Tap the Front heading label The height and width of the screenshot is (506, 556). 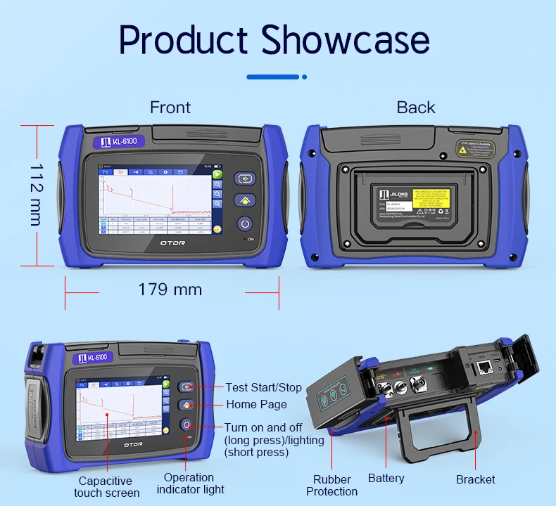(x=170, y=108)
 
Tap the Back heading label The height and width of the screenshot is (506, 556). (x=416, y=108)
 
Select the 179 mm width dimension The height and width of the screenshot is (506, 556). (x=170, y=289)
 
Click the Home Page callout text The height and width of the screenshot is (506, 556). (x=256, y=404)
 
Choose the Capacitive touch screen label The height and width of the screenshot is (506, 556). (x=106, y=486)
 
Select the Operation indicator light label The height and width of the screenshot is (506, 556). (x=190, y=484)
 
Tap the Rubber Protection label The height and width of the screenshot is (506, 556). (x=332, y=486)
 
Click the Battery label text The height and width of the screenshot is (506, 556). (x=386, y=479)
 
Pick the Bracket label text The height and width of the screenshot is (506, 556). (x=476, y=479)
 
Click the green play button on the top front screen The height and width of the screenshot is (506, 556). (x=218, y=174)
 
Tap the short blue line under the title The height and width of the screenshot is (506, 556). (x=273, y=77)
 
